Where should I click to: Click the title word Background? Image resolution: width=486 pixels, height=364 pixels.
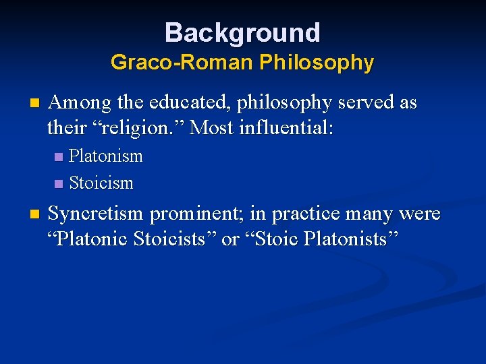point(242,32)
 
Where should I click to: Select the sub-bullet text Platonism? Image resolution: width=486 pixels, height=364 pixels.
point(106,156)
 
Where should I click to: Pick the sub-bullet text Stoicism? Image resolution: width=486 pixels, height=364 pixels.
point(101,183)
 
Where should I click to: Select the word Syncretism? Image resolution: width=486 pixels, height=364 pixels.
point(96,215)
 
